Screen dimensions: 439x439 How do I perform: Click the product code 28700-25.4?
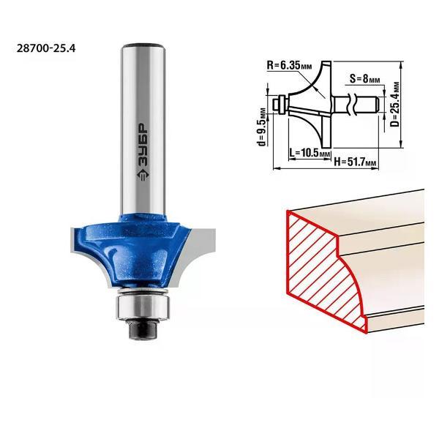coord(46,48)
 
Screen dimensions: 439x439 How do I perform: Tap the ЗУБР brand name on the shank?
coord(143,145)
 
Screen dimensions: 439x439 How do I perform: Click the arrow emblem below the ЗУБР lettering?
coord(143,174)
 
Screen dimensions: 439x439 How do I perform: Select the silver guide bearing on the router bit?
coord(143,307)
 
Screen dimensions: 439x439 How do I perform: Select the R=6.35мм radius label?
coord(289,66)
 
